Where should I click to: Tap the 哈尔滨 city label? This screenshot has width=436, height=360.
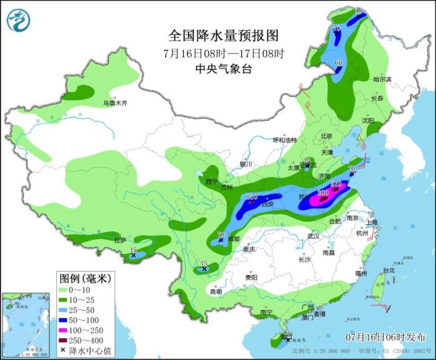tap(381, 79)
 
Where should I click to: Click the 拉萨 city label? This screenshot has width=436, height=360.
tap(120, 240)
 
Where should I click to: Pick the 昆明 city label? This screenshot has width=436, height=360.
tap(215, 291)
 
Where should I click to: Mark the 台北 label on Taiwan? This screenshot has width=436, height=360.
tap(388, 270)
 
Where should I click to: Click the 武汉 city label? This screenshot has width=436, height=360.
tap(313, 236)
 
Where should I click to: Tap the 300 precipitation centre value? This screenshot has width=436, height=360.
tap(323, 194)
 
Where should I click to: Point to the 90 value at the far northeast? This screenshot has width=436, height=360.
tap(358, 11)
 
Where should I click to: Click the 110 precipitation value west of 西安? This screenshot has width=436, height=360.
tap(252, 198)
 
